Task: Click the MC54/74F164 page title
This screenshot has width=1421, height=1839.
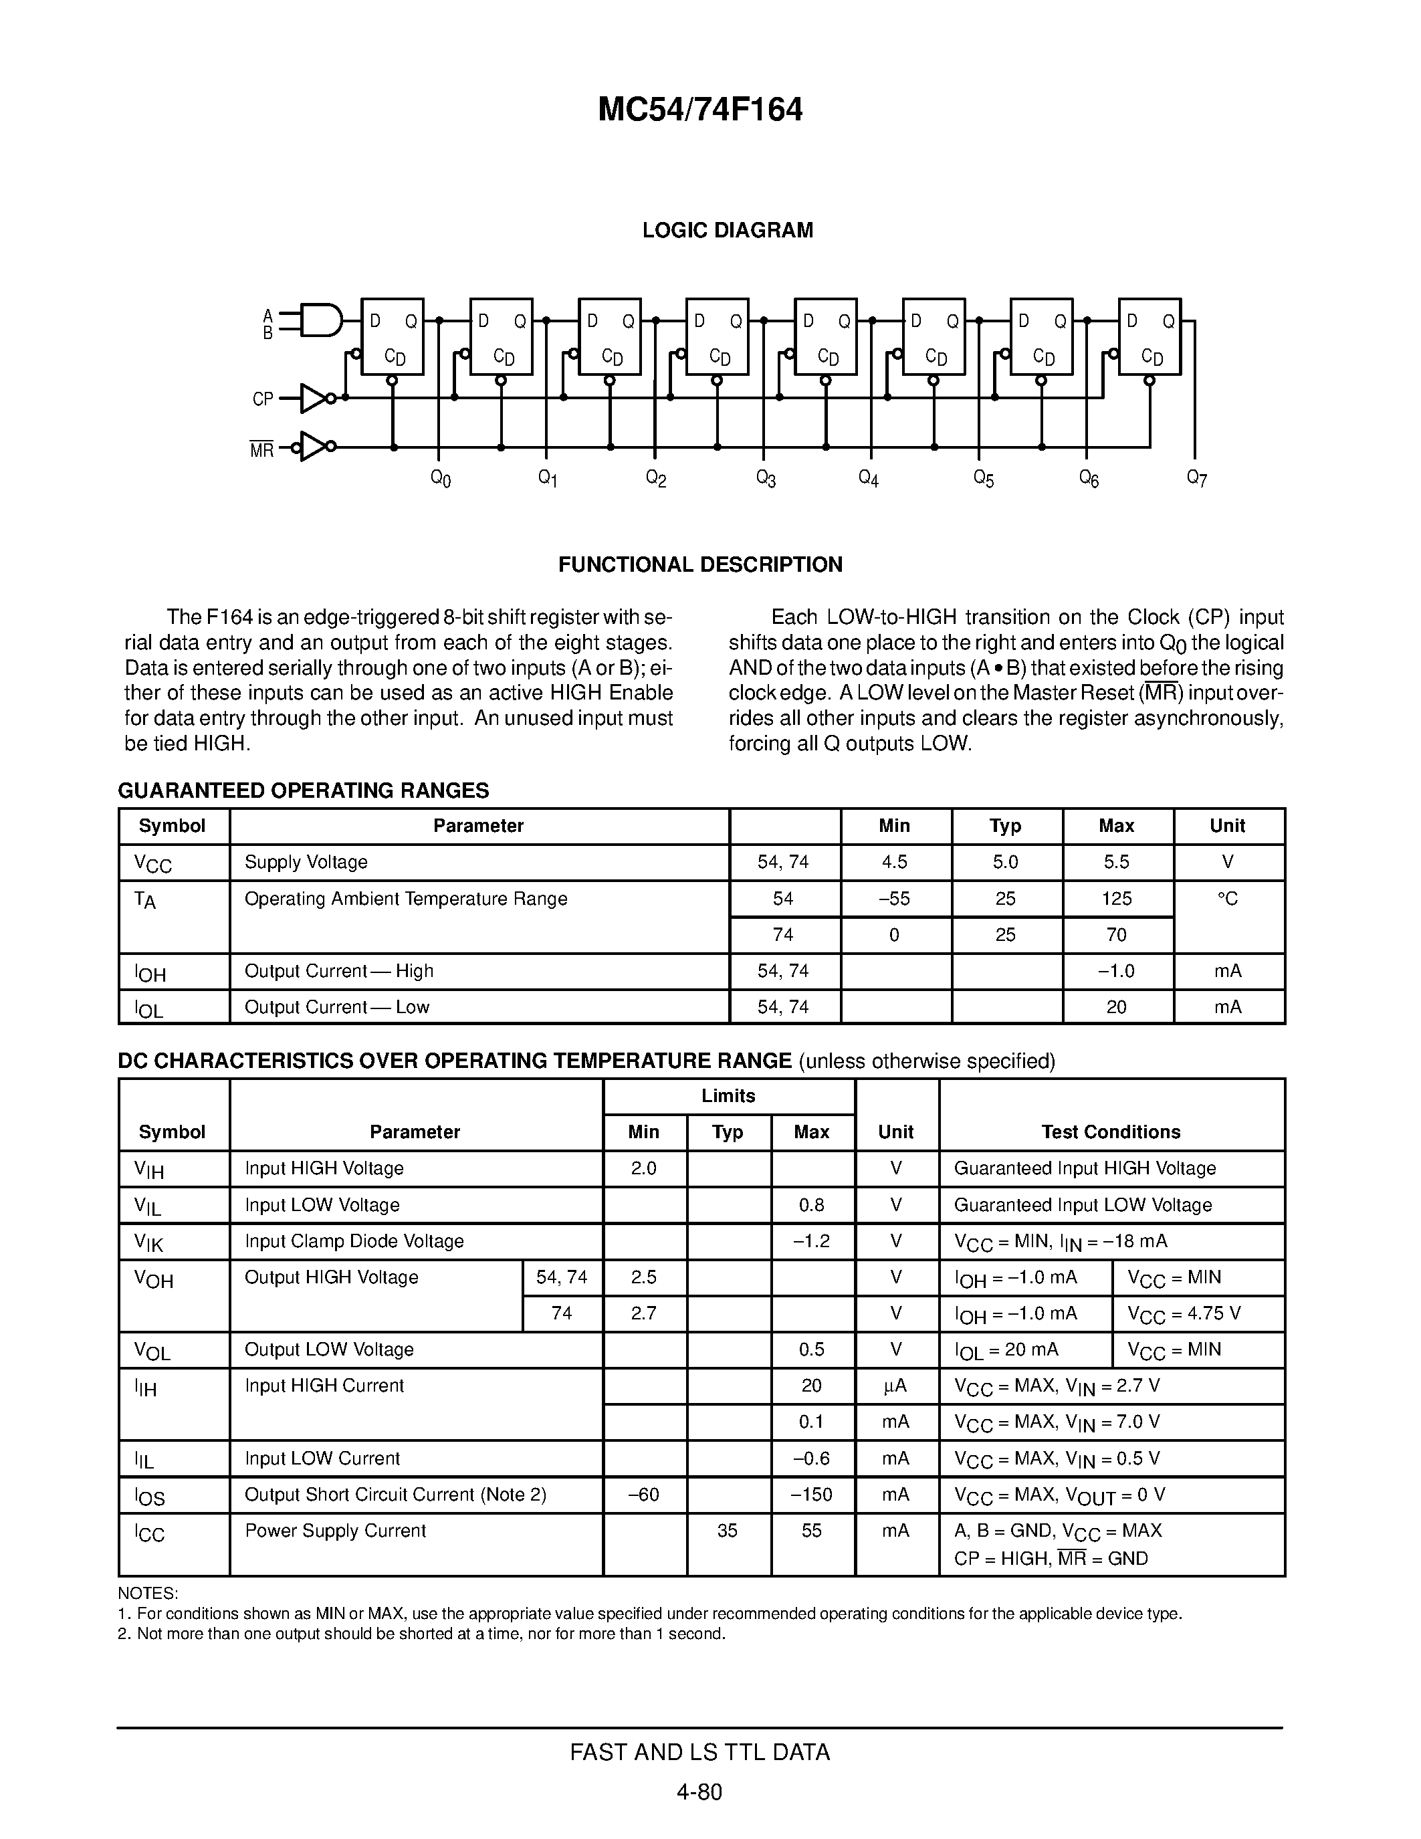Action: click(699, 110)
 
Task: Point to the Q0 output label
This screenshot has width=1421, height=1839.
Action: click(440, 478)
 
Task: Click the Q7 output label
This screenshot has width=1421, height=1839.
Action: click(1196, 478)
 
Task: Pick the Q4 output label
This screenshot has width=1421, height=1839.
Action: click(868, 478)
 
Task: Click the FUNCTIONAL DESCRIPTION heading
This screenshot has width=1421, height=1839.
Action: click(699, 564)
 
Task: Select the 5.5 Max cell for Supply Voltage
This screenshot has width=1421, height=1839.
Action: click(1116, 862)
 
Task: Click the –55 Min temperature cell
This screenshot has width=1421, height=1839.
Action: click(894, 899)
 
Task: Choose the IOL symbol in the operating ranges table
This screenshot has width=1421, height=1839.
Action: click(149, 1008)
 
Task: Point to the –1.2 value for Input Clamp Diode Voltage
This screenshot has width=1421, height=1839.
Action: click(812, 1241)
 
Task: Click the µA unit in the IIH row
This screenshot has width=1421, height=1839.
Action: click(895, 1386)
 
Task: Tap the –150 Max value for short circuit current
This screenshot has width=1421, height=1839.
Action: click(812, 1495)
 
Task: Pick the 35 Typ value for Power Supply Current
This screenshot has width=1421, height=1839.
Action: click(728, 1531)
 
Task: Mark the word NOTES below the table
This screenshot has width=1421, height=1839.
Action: click(147, 1594)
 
